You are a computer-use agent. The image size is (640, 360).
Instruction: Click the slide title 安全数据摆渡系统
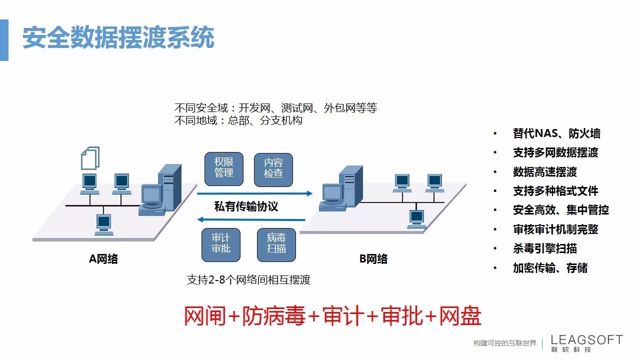pyautogui.click(x=118, y=38)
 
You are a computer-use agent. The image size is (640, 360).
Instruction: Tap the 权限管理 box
pyautogui.click(x=224, y=167)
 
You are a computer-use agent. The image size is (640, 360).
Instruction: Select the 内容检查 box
pyautogui.click(x=273, y=167)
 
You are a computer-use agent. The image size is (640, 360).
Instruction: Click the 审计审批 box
pyautogui.click(x=220, y=244)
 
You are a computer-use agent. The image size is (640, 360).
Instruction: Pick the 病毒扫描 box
pyautogui.click(x=276, y=244)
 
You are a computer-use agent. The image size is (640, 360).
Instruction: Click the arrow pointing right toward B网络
pyautogui.click(x=255, y=193)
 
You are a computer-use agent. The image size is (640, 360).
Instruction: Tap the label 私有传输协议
pyautogui.click(x=246, y=206)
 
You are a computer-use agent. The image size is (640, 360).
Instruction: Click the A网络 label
pyautogui.click(x=103, y=258)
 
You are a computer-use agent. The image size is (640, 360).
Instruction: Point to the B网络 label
pyautogui.click(x=373, y=258)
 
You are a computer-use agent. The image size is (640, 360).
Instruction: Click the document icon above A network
pyautogui.click(x=90, y=157)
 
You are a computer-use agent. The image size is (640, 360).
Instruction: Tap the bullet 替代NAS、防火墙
pyautogui.click(x=556, y=133)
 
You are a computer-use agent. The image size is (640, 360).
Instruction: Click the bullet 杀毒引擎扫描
pyautogui.click(x=545, y=248)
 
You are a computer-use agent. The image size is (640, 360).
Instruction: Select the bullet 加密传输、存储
pyautogui.click(x=550, y=268)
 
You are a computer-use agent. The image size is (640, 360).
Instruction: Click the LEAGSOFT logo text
pyautogui.click(x=586, y=340)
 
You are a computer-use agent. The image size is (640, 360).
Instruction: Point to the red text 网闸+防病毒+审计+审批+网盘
pyautogui.click(x=332, y=316)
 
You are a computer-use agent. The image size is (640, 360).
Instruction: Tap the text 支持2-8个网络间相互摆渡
pyautogui.click(x=248, y=280)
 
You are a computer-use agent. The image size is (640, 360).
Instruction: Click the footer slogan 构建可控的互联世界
pyautogui.click(x=505, y=343)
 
